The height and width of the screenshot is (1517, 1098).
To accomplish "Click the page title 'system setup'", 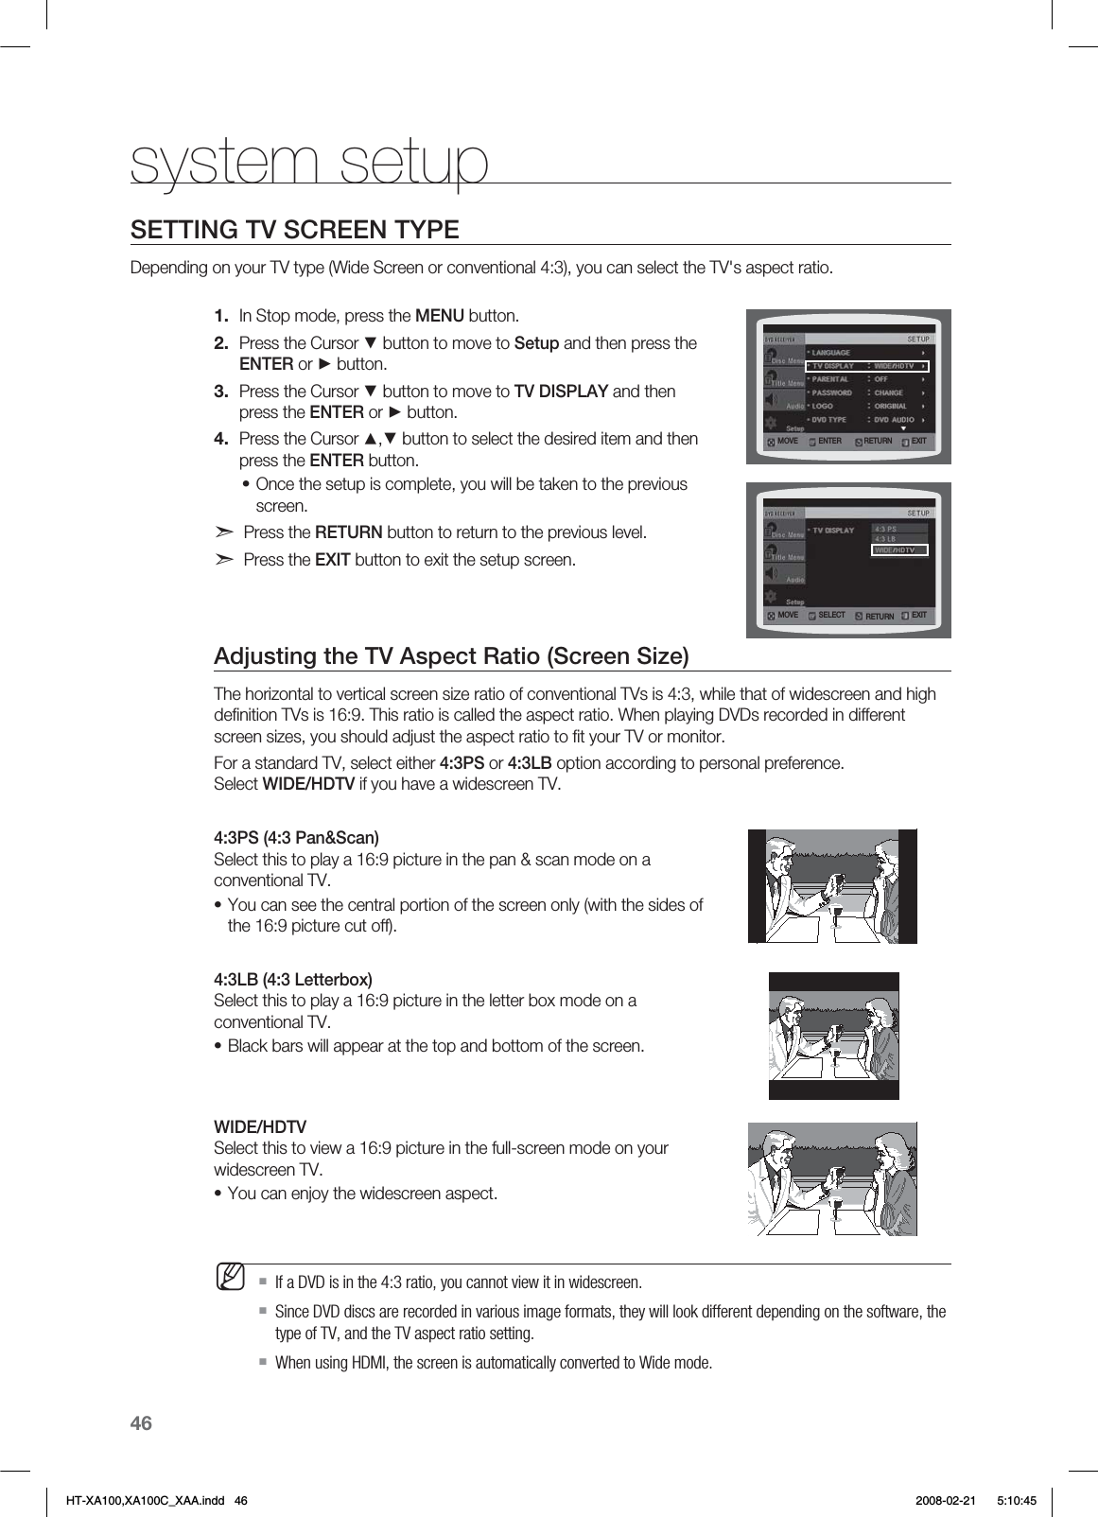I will tap(310, 163).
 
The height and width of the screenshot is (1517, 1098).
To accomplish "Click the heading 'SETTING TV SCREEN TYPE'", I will tap(294, 230).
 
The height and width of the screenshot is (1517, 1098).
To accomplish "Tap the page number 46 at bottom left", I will tap(141, 1423).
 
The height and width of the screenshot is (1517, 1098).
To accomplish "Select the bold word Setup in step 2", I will tap(536, 342).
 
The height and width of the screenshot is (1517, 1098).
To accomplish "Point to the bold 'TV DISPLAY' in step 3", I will tap(561, 391).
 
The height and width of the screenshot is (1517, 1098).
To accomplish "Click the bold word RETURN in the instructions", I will tap(348, 532).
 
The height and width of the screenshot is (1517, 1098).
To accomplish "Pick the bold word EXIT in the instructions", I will tap(332, 559).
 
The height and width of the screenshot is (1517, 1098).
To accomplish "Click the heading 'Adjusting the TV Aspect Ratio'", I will tap(451, 656).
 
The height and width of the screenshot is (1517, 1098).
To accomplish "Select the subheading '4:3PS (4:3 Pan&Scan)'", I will tap(296, 838).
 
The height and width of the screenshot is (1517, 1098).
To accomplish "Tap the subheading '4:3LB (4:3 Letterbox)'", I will tap(293, 979).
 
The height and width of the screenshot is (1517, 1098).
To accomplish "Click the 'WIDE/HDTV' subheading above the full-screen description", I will tap(260, 1127).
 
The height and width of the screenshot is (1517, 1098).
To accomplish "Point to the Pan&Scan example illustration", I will tap(832, 886).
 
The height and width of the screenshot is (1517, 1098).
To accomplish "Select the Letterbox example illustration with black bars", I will tap(833, 1036).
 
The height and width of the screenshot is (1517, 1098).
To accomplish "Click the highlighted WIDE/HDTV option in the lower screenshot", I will tap(899, 549).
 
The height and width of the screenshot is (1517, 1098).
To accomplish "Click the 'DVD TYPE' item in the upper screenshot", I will tap(829, 419).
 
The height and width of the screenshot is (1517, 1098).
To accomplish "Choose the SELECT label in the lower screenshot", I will tap(831, 615).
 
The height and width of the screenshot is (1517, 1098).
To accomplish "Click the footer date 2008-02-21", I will tap(947, 1499).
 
